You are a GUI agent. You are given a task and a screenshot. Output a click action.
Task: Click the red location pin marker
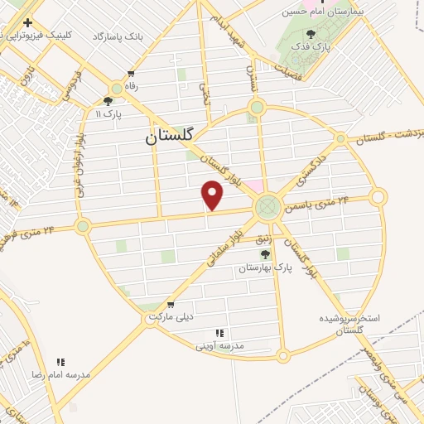[x=213, y=195]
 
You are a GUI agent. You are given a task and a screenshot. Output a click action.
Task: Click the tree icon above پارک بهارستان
[x=265, y=254]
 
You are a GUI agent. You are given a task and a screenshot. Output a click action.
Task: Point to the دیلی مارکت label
[x=171, y=317]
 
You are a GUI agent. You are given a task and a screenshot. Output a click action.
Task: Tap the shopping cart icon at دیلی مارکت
[x=171, y=305]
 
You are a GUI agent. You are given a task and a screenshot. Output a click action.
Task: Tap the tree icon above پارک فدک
[x=311, y=35]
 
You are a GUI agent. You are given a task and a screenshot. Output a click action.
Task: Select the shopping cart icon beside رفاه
[x=131, y=73]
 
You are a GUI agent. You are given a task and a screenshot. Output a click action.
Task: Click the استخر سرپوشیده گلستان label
[x=349, y=324]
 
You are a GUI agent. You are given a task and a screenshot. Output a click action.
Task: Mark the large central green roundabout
[x=267, y=206]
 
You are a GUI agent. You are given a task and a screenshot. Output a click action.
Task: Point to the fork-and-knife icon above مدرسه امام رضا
[x=60, y=362]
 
